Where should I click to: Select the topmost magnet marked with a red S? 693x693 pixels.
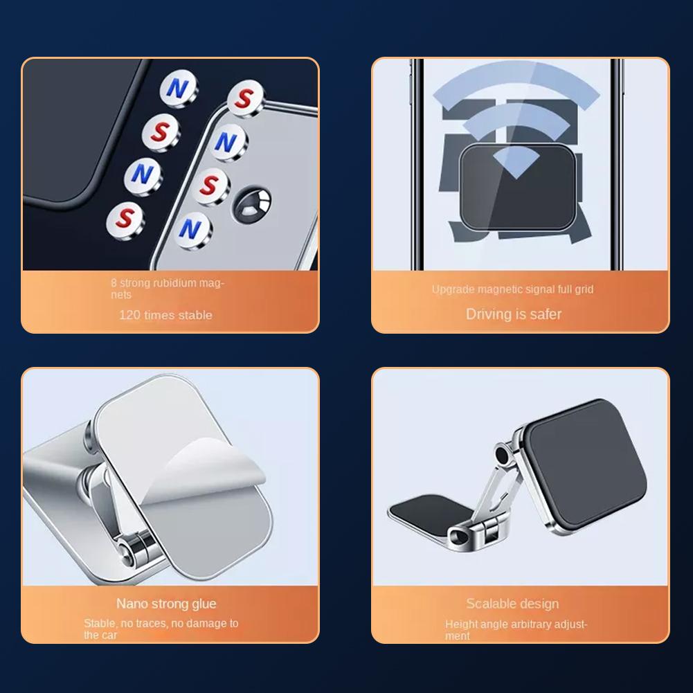tap(244, 99)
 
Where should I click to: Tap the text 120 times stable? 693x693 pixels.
tap(165, 315)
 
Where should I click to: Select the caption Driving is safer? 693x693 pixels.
tap(514, 314)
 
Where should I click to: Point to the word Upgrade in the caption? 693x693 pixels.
tap(452, 289)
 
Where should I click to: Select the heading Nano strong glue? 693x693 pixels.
tap(166, 604)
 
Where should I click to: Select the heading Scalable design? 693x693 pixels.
tap(512, 604)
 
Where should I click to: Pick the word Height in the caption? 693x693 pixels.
tap(461, 624)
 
